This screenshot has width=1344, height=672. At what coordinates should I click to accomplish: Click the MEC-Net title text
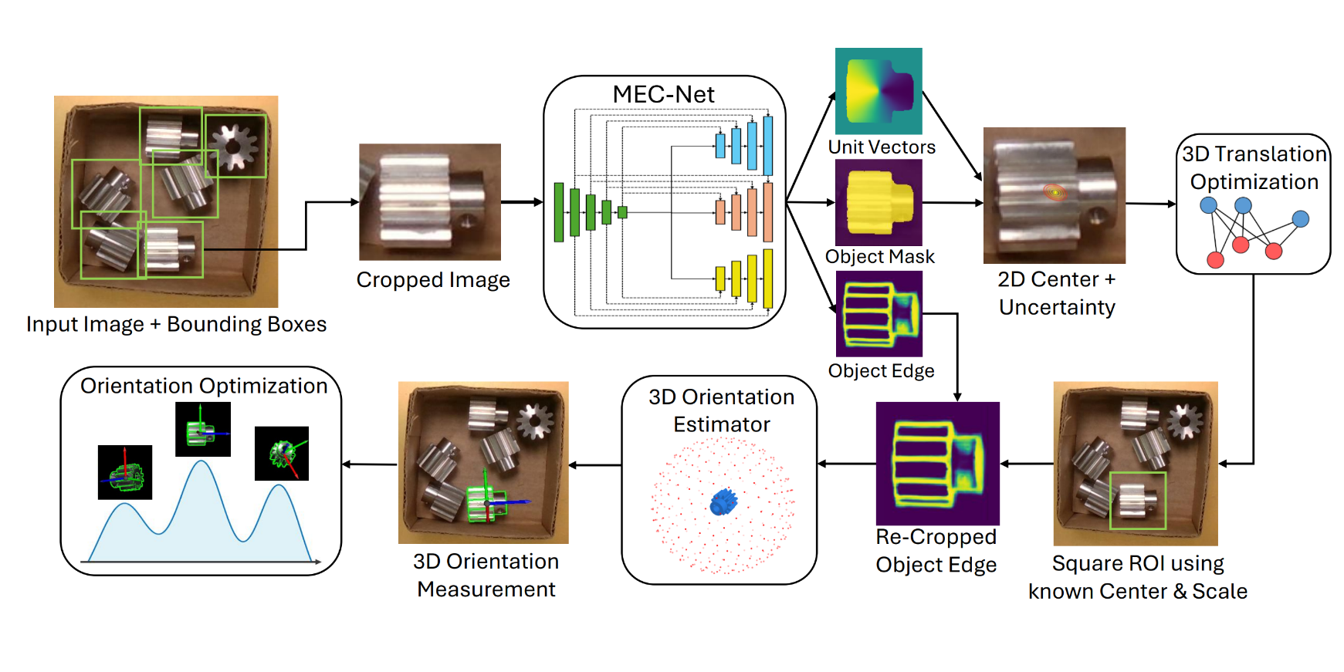tap(663, 94)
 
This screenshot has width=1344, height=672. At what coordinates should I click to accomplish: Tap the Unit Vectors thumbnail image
tap(879, 90)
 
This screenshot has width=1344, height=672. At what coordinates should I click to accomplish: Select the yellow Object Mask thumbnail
tap(879, 202)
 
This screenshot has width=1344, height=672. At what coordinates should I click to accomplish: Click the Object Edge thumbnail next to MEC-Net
tap(879, 313)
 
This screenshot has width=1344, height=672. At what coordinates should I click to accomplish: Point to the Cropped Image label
tap(433, 279)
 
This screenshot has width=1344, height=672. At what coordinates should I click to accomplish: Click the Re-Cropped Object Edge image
tap(937, 463)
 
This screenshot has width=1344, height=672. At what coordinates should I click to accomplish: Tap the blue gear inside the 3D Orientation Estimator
tap(723, 502)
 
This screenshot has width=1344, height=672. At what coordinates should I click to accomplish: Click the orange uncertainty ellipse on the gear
tap(1055, 191)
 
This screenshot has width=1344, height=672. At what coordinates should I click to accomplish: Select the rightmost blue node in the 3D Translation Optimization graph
tap(1300, 219)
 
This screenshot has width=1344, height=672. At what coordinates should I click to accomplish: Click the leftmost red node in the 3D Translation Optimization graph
tap(1215, 259)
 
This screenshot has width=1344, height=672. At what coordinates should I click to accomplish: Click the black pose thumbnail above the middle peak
tap(202, 430)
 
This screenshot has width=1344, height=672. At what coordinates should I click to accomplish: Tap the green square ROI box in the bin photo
tap(1137, 501)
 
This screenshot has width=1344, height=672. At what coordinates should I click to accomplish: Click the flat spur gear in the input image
tap(234, 144)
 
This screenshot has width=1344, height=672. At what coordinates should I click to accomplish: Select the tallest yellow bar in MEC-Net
tap(767, 279)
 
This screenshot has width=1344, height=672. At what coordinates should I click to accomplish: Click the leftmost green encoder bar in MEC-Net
tap(559, 212)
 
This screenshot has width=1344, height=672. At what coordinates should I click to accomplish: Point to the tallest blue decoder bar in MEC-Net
tap(767, 145)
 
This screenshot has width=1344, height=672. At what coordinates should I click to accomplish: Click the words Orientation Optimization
tap(204, 386)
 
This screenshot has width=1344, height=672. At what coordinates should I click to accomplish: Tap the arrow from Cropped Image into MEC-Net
tap(522, 202)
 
